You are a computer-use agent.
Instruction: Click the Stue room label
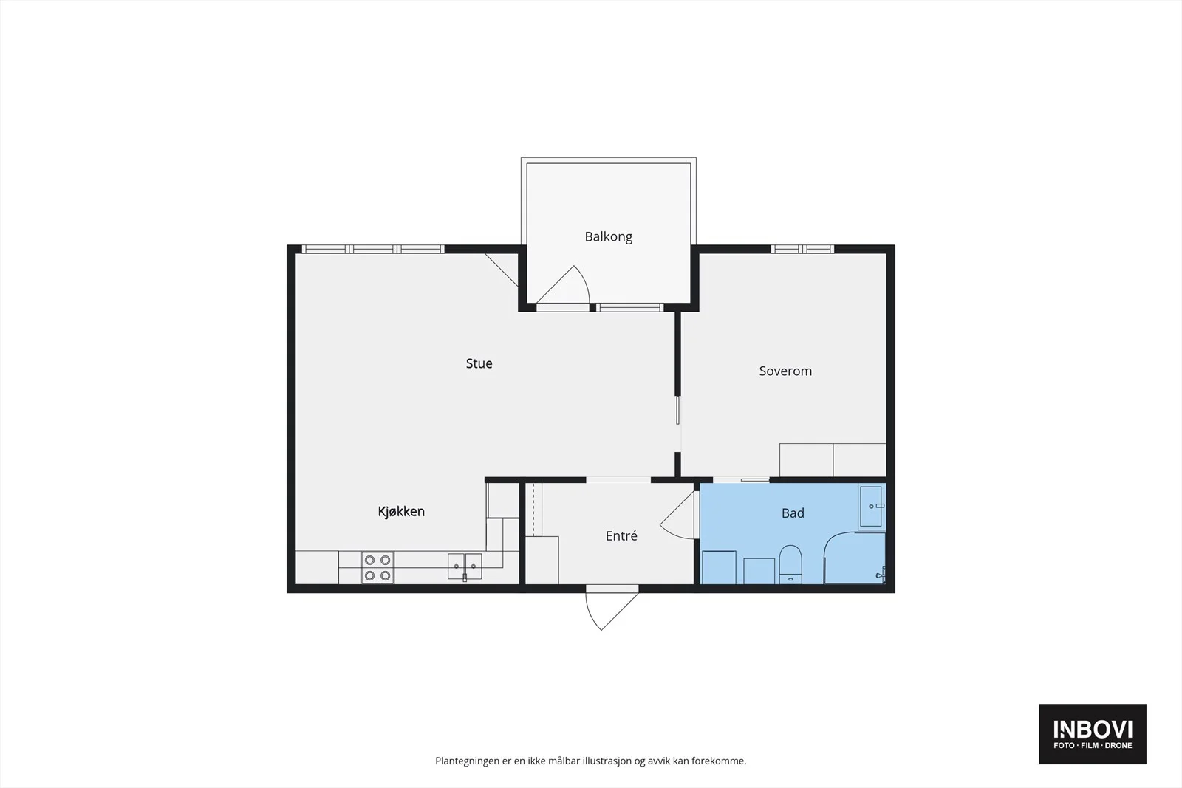coord(479,363)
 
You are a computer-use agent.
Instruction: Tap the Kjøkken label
coord(401,512)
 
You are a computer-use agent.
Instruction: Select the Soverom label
coord(785,371)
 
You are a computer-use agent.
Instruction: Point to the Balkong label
coord(609,237)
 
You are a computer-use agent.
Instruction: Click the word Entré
coord(621,536)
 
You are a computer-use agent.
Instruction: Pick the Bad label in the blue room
coord(793,513)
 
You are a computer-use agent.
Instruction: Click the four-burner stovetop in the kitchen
coord(378,567)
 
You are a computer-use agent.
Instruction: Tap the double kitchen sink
coord(465,566)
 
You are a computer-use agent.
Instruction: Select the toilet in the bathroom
coord(790,564)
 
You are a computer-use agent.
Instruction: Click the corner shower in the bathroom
coord(855,558)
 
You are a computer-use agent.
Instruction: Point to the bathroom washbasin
coord(872,507)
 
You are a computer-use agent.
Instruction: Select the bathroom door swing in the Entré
coord(677,515)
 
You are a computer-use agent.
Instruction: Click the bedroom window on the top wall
coord(802,249)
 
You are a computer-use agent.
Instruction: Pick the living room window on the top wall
coord(372,249)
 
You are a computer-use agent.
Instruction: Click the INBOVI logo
coord(1093,733)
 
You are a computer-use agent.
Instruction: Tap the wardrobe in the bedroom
coord(833,460)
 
